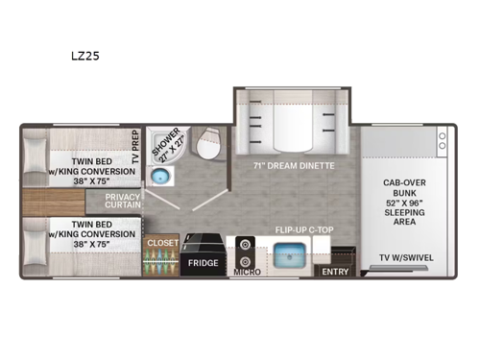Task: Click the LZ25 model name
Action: pyautogui.click(x=84, y=56)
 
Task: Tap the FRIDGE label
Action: pyautogui.click(x=203, y=262)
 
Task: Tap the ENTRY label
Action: pyautogui.click(x=335, y=272)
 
